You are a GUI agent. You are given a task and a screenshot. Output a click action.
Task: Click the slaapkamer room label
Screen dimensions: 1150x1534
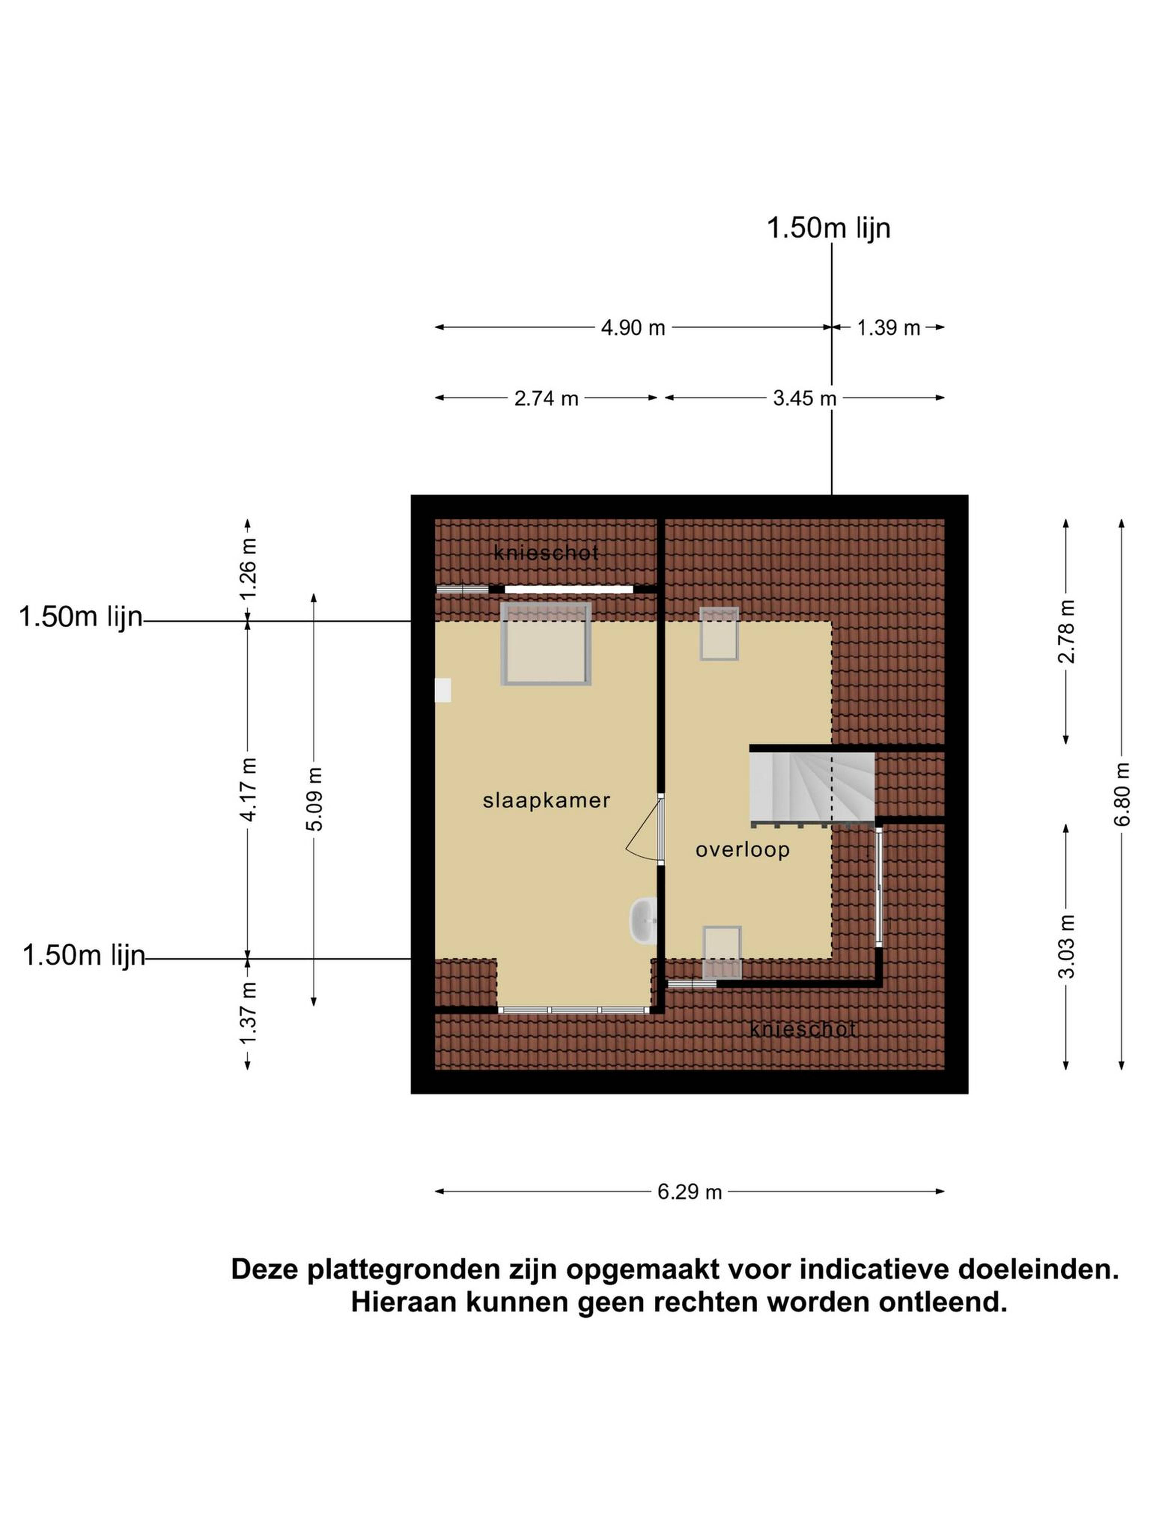pyautogui.click(x=546, y=800)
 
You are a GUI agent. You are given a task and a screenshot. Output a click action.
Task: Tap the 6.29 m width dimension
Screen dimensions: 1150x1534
pyautogui.click(x=690, y=1192)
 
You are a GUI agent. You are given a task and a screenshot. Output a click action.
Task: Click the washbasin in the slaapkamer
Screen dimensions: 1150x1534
pyautogui.click(x=643, y=921)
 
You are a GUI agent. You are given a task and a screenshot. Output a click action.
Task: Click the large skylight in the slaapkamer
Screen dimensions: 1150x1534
pyautogui.click(x=546, y=644)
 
